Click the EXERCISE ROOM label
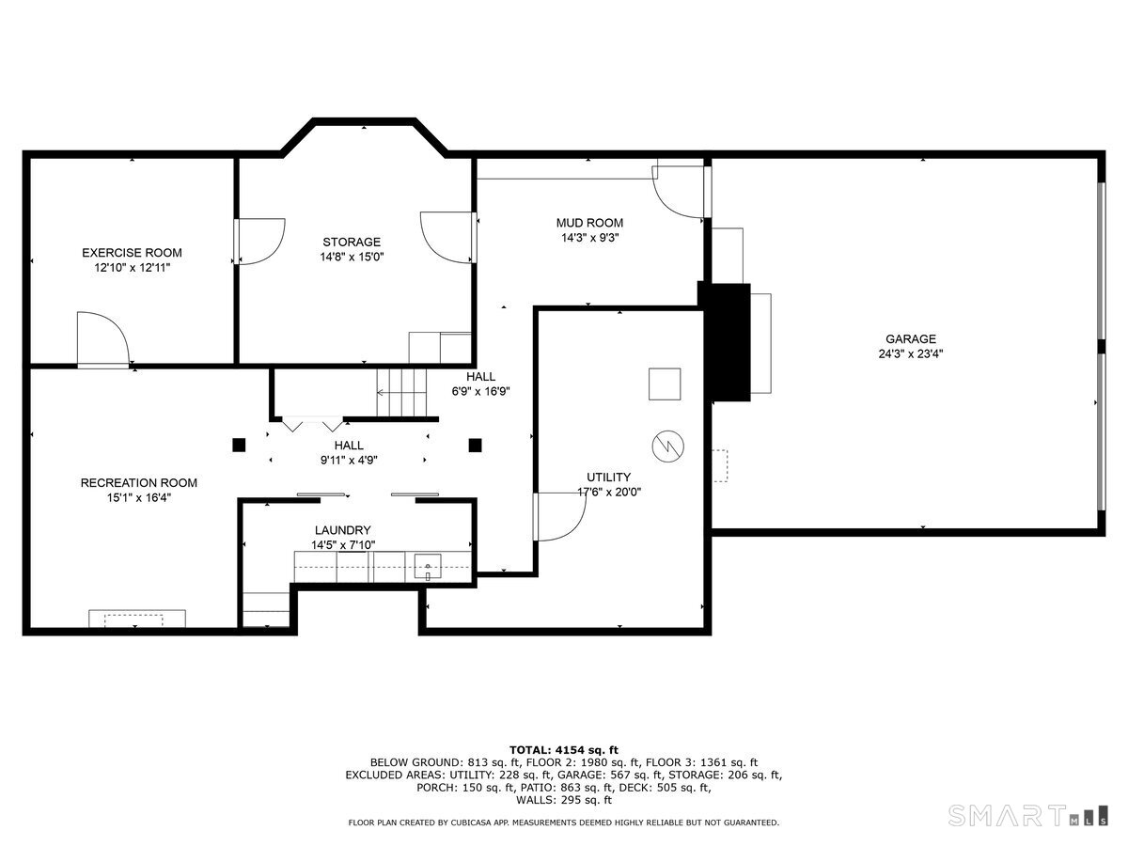coord(132,253)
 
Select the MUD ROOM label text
coord(589,223)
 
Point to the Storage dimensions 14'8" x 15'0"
coord(352,256)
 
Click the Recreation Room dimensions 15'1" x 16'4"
coord(138,497)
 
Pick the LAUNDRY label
coord(342,530)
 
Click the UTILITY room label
coord(609,477)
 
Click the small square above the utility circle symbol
coord(664,384)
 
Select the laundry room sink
coord(428,567)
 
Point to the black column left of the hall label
coord(239,445)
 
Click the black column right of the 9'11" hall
coord(475,445)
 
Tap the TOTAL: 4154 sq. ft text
coord(564,749)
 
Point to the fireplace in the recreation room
coord(137,619)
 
